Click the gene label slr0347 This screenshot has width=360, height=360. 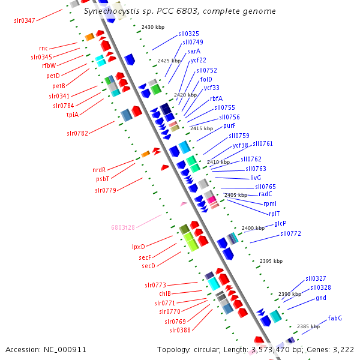(25, 20)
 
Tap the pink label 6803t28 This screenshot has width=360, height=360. (123, 227)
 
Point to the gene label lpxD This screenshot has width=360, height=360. (139, 247)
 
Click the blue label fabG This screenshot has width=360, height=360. (335, 317)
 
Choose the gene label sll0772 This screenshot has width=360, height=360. (290, 233)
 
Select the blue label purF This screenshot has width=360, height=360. (229, 126)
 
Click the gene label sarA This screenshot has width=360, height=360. (193, 52)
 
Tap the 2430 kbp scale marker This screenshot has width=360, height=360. (152, 28)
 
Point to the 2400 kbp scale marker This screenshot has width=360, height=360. (253, 228)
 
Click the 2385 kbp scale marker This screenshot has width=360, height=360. (308, 326)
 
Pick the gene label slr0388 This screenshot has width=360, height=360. (180, 330)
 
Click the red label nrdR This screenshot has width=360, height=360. (99, 170)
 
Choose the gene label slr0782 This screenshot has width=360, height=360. (77, 133)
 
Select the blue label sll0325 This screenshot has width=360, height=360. (189, 34)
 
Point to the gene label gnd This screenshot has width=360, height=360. (321, 298)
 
